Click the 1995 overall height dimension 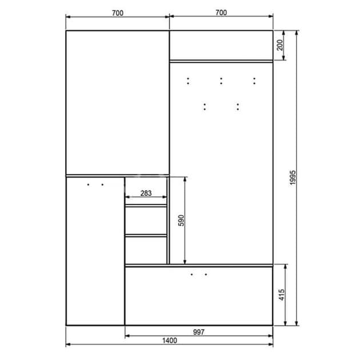pos(293,178)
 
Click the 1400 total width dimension pos(169,341)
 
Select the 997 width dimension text pos(198,331)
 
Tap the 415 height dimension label pos(282,295)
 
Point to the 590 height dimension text pos(181,221)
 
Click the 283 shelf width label pos(146,193)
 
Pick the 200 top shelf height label pos(279,45)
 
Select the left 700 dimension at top pos(118,13)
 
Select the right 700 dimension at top pos(221,13)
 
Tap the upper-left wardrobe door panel pos(118,102)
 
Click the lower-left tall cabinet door pos(95,251)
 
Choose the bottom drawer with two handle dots pos(198,295)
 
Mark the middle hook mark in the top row pos(221,81)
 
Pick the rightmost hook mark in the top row pos(254,81)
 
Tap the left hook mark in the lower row pos(204,106)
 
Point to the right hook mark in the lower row pos(238,106)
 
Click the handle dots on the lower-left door pos(95,185)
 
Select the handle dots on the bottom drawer pos(198,275)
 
